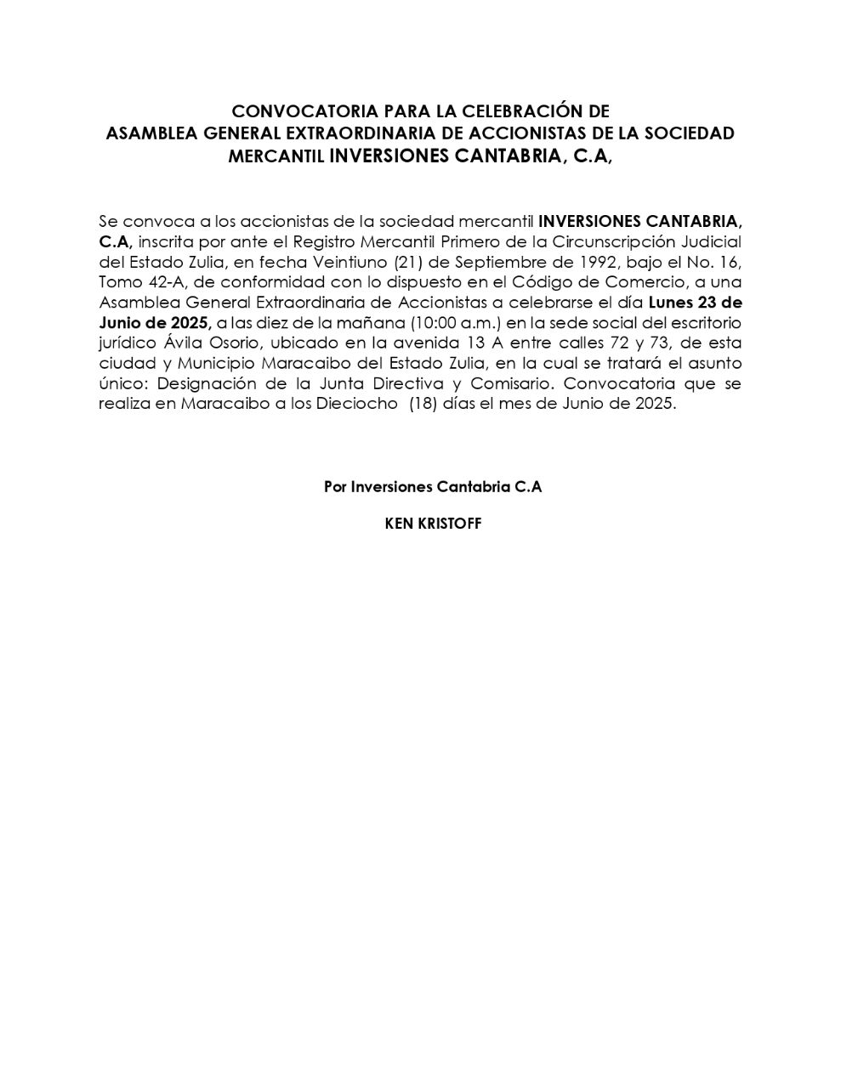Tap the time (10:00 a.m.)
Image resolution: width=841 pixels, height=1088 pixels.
coord(456,323)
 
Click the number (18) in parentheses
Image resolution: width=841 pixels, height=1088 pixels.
coord(423,405)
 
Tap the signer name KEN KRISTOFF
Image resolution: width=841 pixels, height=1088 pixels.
coord(433,524)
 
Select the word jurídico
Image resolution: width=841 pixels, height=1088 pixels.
coord(124,343)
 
